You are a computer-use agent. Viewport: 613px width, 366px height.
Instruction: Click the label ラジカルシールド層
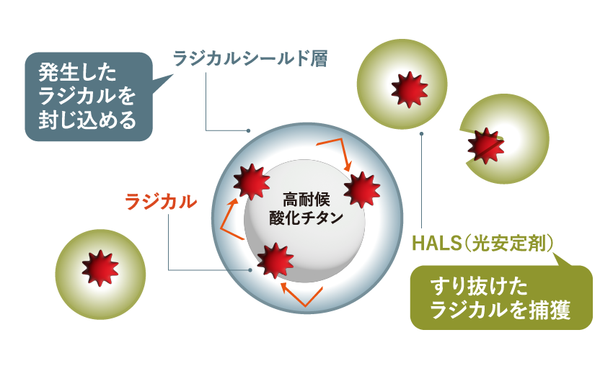tap(250, 59)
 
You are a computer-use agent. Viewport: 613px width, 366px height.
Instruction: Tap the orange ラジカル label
tap(161, 202)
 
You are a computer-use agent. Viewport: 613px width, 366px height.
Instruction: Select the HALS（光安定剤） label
tap(482, 244)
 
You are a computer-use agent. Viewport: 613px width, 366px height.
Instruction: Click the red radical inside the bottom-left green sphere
tap(100, 268)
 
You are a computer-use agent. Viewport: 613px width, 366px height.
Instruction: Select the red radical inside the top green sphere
tap(410, 89)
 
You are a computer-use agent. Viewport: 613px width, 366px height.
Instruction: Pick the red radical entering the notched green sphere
tap(485, 146)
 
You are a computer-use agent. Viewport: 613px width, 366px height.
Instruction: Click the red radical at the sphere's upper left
tap(252, 182)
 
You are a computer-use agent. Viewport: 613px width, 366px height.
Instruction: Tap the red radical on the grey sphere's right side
tap(361, 189)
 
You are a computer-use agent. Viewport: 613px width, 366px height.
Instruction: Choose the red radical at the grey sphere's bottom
tap(275, 261)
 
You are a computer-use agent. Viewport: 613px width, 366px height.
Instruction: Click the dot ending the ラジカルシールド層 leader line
tap(248, 130)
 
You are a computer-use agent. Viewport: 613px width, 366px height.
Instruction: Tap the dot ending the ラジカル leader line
tap(250, 270)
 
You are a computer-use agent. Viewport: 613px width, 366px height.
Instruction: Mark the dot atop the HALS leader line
tap(421, 133)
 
